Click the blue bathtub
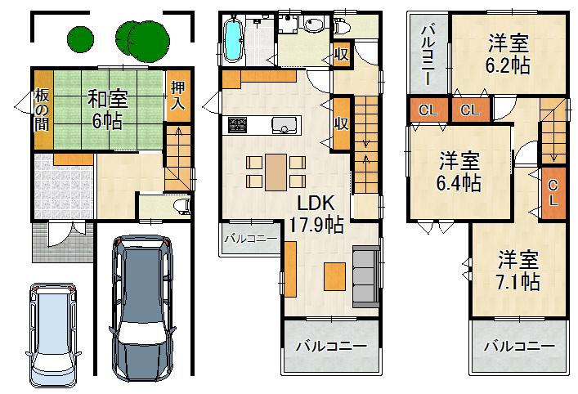coord(235,38)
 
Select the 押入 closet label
coord(177,95)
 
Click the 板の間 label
coord(41,110)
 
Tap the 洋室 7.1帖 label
coord(518,271)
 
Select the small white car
coord(52,334)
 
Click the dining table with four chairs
coord(276,170)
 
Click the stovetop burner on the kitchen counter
coord(238,125)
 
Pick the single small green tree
coord(79,38)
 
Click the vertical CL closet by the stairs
coord(553,193)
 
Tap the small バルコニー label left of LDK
coord(249,240)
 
